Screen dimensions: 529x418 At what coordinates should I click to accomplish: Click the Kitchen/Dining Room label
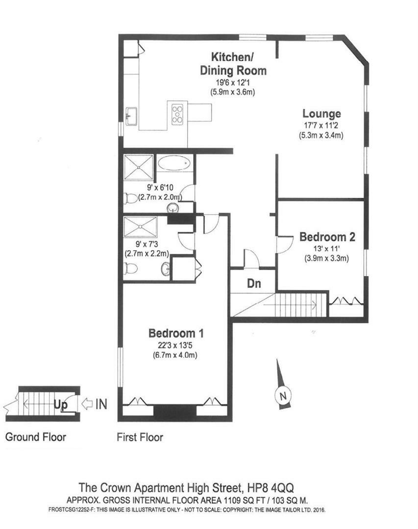tap(233, 63)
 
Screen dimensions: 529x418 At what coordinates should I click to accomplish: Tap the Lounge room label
tap(321, 114)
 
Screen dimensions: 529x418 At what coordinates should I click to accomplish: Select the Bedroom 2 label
tap(327, 237)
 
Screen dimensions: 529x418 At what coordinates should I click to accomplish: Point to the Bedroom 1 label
tap(176, 334)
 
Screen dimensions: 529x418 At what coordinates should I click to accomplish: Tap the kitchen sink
tap(131, 116)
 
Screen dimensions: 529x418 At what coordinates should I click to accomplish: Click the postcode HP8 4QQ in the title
tap(270, 488)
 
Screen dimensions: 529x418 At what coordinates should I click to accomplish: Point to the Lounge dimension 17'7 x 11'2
tap(321, 125)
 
